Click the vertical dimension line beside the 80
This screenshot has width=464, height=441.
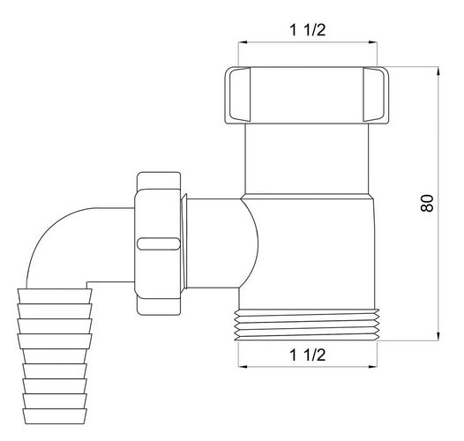coord(439,203)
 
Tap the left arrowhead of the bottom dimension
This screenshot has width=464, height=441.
coord(239,368)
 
